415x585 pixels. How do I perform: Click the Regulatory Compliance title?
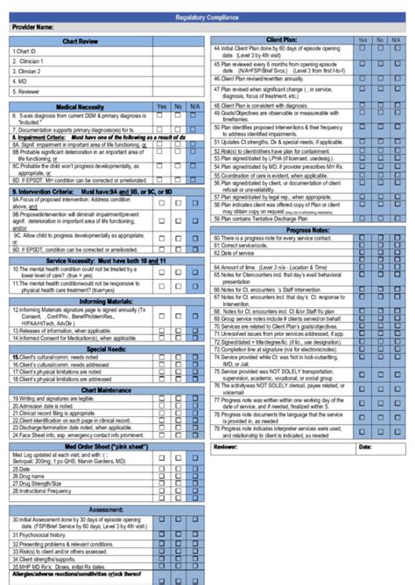[207, 17]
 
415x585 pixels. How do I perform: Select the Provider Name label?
[34, 28]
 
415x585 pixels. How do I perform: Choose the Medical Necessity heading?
[80, 107]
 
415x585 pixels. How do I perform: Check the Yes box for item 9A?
[160, 202]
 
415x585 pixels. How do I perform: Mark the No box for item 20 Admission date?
[179, 405]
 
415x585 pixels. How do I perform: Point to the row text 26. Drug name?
[31, 476]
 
